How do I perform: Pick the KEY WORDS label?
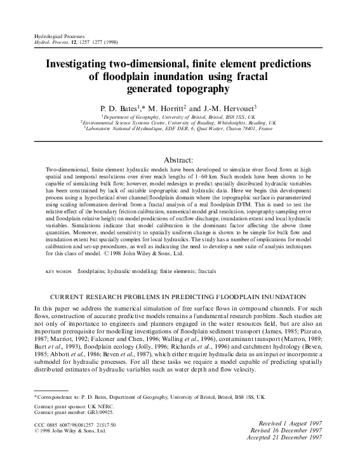59,253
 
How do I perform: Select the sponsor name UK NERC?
95,404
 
